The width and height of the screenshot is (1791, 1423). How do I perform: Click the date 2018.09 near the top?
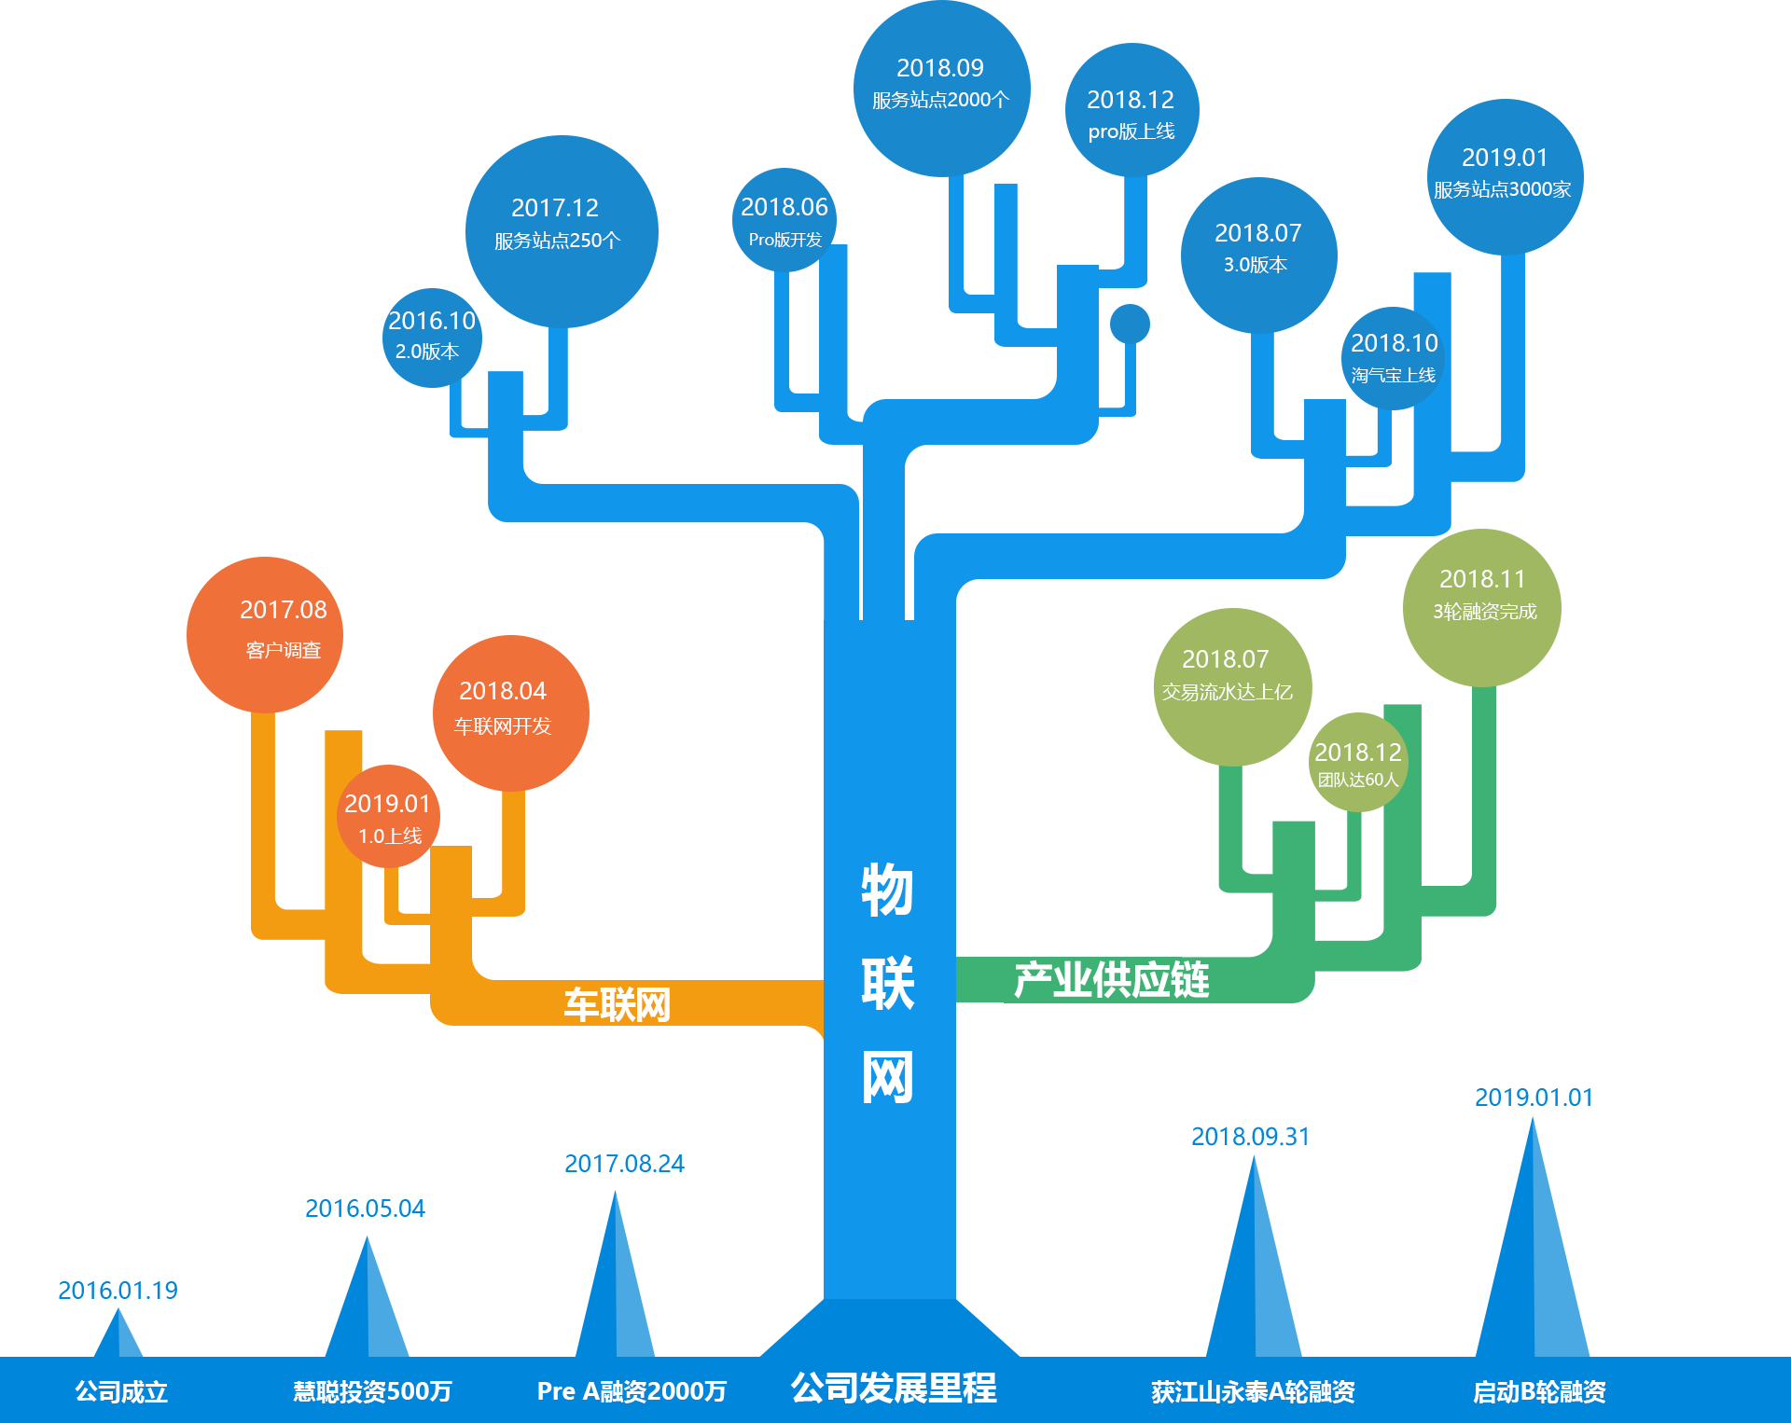click(939, 68)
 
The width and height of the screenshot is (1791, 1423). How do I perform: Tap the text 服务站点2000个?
click(940, 100)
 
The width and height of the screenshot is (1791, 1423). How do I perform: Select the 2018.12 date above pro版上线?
click(1130, 100)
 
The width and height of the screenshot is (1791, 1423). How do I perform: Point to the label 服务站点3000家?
click(1502, 189)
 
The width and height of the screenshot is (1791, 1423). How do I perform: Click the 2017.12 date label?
click(554, 208)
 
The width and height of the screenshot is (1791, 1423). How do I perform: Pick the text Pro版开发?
click(784, 240)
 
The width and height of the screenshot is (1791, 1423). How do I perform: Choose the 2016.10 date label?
click(431, 321)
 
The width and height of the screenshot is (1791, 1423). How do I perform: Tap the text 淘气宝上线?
click(1393, 375)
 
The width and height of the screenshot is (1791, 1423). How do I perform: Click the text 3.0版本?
click(1255, 265)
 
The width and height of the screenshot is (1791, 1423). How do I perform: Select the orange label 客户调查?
click(283, 650)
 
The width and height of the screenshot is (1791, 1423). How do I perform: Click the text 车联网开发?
click(502, 725)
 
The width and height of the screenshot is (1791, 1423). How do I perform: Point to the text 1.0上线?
click(390, 836)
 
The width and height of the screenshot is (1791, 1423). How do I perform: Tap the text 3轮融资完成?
click(1484, 612)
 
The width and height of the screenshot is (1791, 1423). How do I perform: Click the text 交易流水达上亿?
click(1227, 692)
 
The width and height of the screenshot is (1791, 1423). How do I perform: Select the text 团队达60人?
click(1357, 780)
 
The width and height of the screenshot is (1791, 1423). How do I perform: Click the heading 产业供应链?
click(1111, 980)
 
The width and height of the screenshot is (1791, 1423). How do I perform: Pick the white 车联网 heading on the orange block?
click(617, 1005)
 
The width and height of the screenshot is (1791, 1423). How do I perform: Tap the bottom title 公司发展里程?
click(893, 1388)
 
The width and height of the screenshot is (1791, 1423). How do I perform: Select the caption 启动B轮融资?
click(1538, 1392)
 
